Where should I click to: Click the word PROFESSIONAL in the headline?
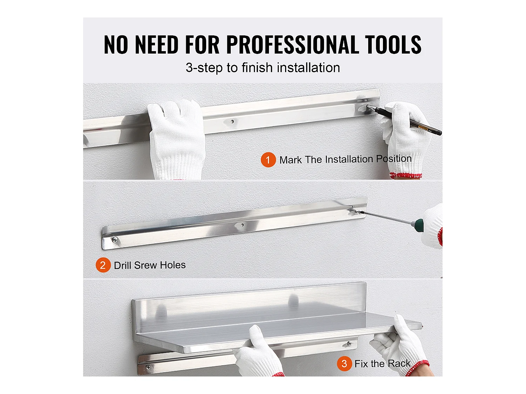tap(292, 44)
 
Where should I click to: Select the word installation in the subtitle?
tap(308, 68)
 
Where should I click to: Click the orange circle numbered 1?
tap(268, 160)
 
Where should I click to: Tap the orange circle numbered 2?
tap(103, 265)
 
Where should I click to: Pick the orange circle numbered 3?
tap(344, 364)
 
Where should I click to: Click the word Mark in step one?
tap(291, 160)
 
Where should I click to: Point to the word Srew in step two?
tap(146, 265)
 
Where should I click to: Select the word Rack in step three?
tap(399, 364)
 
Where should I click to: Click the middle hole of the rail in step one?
tap(232, 122)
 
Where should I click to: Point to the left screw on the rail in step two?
tap(115, 240)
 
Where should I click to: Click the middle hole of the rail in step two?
tap(242, 225)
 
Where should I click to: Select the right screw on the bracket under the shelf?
tap(349, 344)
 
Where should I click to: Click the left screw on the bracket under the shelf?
tap(148, 367)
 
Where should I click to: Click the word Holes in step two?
tap(173, 265)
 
